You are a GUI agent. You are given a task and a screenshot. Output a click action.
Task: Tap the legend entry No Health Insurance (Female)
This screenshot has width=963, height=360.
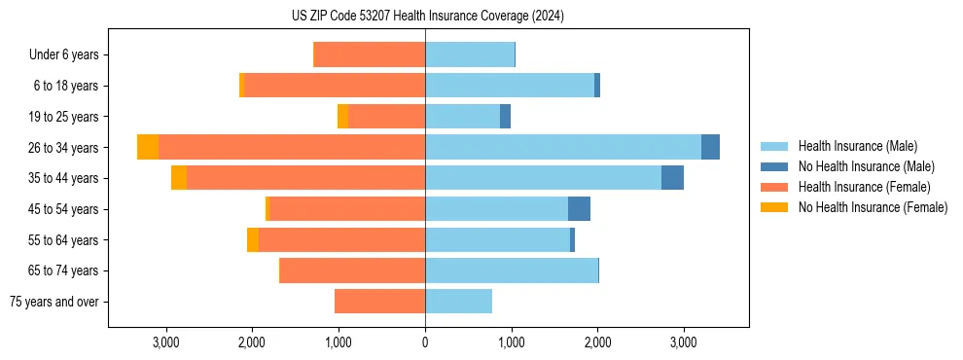[872, 207]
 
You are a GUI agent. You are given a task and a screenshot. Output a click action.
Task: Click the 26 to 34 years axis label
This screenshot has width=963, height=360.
[63, 147]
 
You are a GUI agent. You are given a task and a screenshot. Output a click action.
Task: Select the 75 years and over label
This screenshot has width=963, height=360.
[54, 302]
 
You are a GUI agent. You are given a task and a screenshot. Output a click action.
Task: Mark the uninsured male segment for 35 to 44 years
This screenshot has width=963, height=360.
[672, 178]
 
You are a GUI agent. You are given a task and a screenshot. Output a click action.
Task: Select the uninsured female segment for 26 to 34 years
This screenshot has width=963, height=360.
[148, 147]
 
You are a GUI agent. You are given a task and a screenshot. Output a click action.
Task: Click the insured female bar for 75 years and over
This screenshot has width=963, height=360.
[379, 302]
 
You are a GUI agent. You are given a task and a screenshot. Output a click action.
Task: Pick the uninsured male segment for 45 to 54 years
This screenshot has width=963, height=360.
[579, 209]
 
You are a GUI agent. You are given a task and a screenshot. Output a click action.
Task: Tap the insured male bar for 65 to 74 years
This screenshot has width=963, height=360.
[511, 270]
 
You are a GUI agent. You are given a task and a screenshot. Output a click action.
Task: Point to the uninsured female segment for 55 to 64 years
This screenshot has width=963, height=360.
[253, 239]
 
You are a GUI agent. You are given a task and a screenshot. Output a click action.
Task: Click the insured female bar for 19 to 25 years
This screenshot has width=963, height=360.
[386, 117]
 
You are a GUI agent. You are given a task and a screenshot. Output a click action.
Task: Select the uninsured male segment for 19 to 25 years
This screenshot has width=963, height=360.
[505, 117]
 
